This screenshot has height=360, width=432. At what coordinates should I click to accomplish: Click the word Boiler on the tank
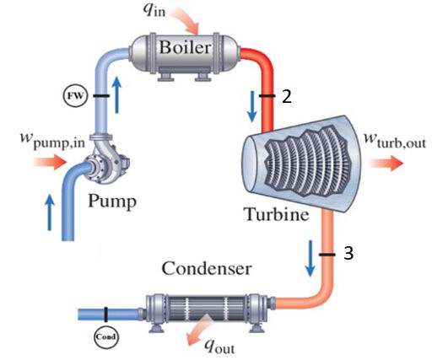[x=185, y=47]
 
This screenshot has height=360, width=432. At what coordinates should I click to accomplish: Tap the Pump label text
[x=112, y=201]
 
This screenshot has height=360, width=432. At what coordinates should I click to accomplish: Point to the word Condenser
[x=207, y=268]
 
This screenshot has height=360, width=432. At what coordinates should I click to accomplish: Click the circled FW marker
[x=75, y=95]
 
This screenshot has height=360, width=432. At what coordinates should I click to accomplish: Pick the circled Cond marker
[x=106, y=336]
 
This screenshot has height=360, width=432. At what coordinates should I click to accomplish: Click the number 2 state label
[x=287, y=96]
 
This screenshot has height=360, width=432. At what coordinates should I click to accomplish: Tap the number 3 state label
[x=348, y=253]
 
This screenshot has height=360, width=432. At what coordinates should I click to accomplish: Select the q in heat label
[x=154, y=10]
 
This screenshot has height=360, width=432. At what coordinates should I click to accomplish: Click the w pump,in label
[x=52, y=140]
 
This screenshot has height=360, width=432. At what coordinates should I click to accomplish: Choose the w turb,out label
[x=395, y=140]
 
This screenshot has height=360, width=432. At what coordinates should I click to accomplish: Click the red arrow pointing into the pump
[x=50, y=162]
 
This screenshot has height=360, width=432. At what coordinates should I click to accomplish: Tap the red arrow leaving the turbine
[x=386, y=163]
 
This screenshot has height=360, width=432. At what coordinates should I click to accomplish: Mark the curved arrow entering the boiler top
[x=188, y=19]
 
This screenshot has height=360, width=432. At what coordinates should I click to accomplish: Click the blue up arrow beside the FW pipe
[x=117, y=94]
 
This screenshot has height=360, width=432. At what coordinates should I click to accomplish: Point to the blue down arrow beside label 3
[x=310, y=258]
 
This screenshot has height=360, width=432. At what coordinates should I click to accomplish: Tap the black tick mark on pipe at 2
[x=267, y=96]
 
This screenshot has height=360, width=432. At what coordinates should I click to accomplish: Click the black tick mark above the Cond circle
[x=105, y=314]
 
